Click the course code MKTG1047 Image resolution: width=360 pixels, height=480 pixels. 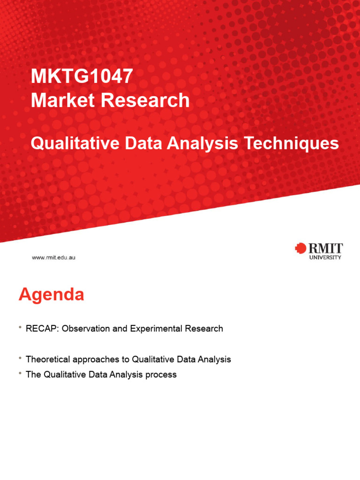(x=82, y=76)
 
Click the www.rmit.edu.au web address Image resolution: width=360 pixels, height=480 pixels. (x=53, y=257)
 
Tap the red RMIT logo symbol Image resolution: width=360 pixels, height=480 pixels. (x=300, y=248)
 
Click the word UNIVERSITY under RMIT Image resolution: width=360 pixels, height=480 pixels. (x=325, y=257)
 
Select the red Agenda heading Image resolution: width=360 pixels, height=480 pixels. (x=51, y=295)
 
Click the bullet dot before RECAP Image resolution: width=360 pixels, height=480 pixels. (x=20, y=327)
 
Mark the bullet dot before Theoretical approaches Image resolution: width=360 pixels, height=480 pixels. (x=20, y=358)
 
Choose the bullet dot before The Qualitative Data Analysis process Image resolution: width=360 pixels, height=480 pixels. (x=20, y=373)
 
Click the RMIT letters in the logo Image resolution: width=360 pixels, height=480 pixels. (x=325, y=248)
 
